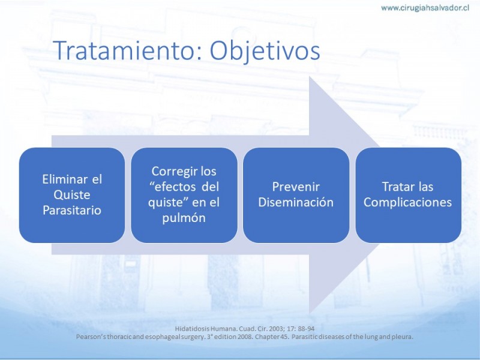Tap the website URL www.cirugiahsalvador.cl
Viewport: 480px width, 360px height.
point(425,8)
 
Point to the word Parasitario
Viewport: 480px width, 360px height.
point(72,210)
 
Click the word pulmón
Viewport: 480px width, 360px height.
point(184,218)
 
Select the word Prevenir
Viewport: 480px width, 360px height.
point(296,187)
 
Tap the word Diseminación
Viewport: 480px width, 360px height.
point(296,202)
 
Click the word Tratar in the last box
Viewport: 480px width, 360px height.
point(395,187)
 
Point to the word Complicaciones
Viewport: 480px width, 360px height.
point(407,202)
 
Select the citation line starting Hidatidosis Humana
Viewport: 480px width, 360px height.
point(245,329)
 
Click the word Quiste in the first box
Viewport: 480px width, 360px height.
point(72,194)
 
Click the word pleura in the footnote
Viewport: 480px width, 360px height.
point(404,337)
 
